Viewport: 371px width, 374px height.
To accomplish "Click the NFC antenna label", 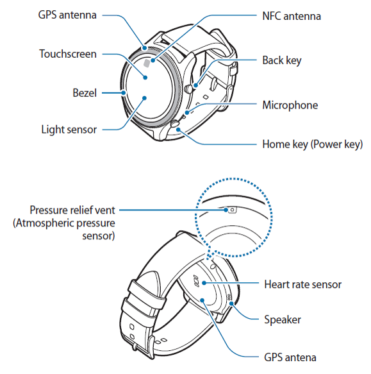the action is (292, 16).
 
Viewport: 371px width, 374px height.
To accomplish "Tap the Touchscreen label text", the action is (68, 54).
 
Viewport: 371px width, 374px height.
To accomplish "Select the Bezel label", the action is (85, 93).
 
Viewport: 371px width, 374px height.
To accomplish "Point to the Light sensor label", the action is (69, 130).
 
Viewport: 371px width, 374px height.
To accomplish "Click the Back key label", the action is (282, 60).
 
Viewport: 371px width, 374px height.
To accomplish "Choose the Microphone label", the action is (290, 105).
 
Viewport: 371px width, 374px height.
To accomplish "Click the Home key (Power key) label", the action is (313, 144).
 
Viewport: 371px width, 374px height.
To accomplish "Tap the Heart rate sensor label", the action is (302, 284).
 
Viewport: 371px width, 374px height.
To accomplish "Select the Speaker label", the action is (283, 319).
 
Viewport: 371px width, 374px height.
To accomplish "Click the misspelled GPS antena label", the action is (290, 357).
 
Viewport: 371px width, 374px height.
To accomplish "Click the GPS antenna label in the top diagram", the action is (67, 15).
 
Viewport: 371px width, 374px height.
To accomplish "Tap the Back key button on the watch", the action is (188, 89).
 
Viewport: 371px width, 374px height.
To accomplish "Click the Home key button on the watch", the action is (175, 124).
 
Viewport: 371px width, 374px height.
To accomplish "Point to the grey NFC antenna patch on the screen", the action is (147, 64).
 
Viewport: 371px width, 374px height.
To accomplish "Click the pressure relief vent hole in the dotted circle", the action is (233, 210).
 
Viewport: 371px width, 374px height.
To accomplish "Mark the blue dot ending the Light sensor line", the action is (144, 98).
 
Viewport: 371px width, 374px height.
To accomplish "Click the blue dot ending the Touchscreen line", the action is (145, 78).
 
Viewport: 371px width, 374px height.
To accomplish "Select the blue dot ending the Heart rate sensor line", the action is (204, 283).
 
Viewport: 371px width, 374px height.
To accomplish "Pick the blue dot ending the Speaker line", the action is (231, 303).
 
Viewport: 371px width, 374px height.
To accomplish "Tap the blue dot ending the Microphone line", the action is (188, 112).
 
